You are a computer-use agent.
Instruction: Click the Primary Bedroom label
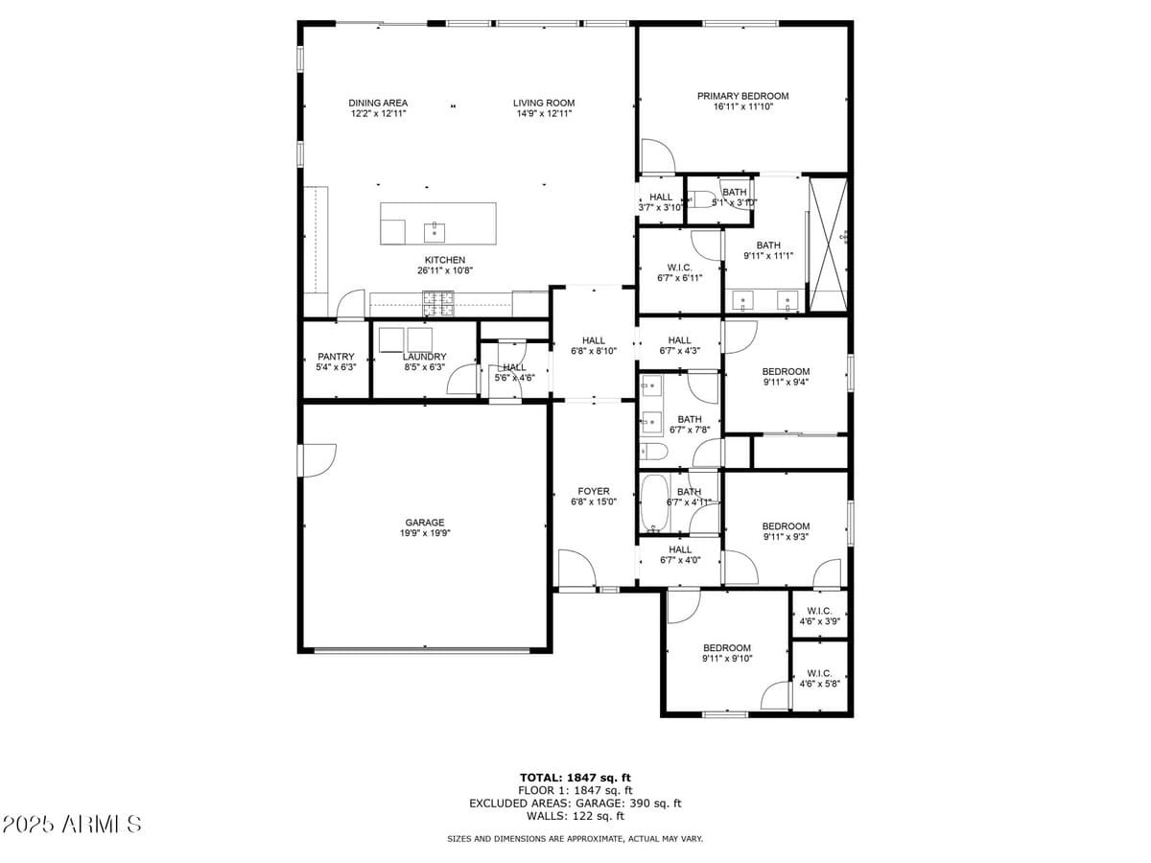tap(742, 96)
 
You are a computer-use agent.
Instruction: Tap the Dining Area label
tap(378, 103)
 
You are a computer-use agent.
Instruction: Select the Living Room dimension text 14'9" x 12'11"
tap(544, 114)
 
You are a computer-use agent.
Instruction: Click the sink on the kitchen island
tap(435, 230)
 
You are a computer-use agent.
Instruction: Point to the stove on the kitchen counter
tap(440, 304)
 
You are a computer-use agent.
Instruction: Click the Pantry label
tap(336, 357)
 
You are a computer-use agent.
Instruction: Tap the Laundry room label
tap(424, 357)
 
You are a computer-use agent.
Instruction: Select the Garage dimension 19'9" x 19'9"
tap(424, 533)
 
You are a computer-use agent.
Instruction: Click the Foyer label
tap(594, 491)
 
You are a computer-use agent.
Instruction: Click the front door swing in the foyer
tap(576, 570)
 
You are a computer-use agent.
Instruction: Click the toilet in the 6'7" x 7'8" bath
tap(654, 452)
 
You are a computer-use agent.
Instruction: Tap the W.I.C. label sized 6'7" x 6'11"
tap(679, 268)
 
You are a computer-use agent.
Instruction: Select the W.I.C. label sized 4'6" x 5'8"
tap(819, 673)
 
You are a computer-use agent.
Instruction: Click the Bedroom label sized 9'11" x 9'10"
tap(726, 647)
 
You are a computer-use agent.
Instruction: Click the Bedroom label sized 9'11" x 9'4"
tap(786, 371)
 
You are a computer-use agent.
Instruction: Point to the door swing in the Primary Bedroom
tap(658, 155)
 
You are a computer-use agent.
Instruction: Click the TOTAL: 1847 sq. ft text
tap(575, 778)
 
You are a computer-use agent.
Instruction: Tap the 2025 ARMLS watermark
tap(73, 825)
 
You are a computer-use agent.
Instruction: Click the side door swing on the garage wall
tap(318, 459)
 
